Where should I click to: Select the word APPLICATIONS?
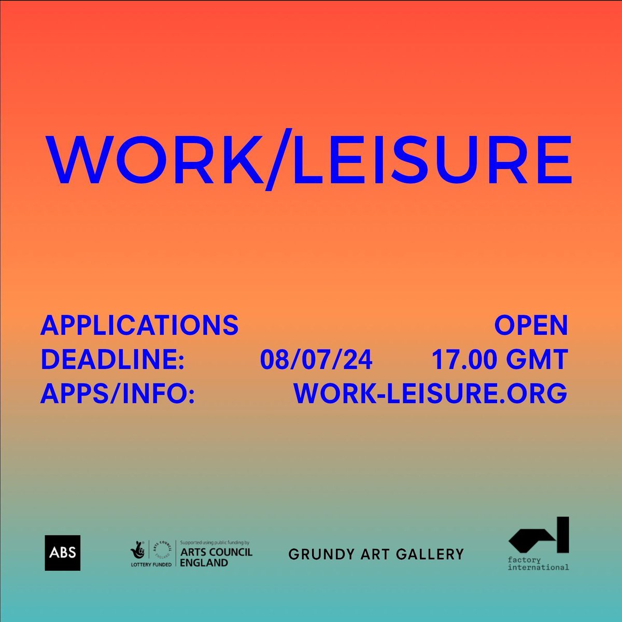click(139, 326)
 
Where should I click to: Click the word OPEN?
click(531, 326)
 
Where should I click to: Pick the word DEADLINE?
click(113, 360)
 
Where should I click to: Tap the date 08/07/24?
click(316, 360)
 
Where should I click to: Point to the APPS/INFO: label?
click(118, 393)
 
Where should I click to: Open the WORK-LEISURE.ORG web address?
click(430, 393)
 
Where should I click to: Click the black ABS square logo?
click(62, 553)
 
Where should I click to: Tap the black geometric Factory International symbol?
click(539, 535)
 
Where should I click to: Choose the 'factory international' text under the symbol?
click(539, 563)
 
